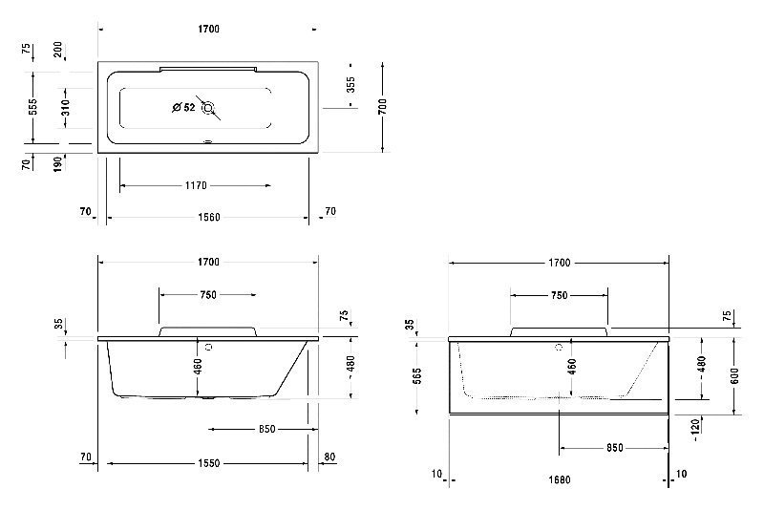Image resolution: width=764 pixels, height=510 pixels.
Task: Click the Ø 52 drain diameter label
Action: (183, 107)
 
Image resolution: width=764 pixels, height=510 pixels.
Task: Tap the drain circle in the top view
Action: (208, 108)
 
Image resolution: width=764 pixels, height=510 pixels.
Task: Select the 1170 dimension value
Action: (196, 185)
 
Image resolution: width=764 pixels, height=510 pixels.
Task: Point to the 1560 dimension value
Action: (208, 217)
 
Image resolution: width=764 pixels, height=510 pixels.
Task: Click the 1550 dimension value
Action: (208, 463)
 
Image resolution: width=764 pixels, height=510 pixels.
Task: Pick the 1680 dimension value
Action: (560, 479)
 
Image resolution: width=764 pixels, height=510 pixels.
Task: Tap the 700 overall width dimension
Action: (383, 107)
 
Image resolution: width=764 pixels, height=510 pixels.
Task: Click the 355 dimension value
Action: (350, 85)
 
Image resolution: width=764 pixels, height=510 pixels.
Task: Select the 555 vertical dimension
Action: (32, 107)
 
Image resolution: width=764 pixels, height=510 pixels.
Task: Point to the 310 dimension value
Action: (65, 107)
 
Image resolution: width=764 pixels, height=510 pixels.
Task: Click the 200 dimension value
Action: (58, 50)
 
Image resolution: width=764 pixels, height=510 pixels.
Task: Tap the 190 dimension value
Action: (58, 163)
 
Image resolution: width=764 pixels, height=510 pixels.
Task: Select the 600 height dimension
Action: (734, 376)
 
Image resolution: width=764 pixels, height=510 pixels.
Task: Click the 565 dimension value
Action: (417, 376)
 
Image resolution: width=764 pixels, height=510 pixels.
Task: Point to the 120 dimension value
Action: (695, 426)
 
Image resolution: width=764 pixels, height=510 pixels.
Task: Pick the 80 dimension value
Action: (329, 457)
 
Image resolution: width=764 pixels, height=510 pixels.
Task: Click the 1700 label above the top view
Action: (208, 29)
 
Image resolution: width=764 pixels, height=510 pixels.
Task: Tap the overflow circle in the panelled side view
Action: (560, 348)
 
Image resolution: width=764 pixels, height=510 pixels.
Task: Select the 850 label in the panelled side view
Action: (615, 448)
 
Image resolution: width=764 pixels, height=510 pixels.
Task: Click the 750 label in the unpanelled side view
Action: (208, 295)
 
